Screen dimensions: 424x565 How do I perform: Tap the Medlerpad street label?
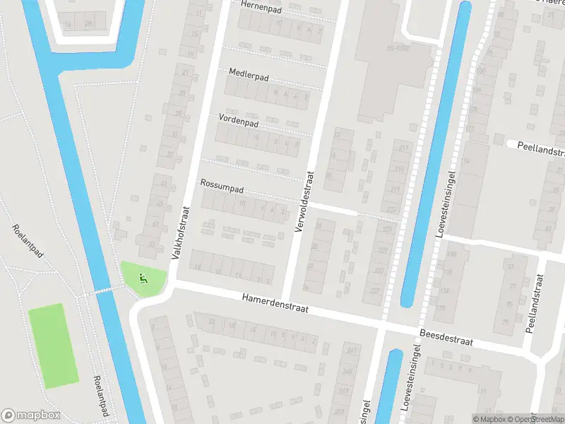(249, 73)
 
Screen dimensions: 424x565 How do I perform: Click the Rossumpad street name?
(222, 182)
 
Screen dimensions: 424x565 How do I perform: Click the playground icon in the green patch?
(143, 278)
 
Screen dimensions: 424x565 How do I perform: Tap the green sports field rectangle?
(54, 346)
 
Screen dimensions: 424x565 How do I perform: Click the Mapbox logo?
(32, 416)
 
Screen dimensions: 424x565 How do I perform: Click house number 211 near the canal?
(403, 148)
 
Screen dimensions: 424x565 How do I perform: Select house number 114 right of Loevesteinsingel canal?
(465, 161)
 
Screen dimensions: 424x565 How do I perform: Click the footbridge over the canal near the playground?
(106, 289)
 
